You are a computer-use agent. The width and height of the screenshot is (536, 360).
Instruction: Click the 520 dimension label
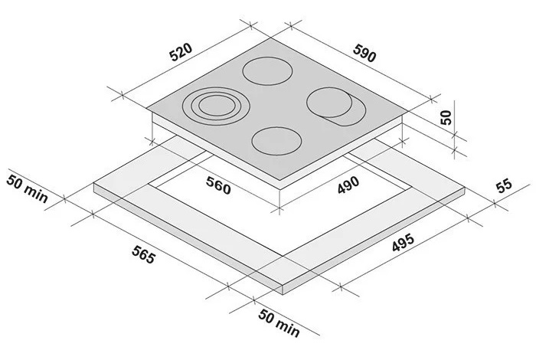click(x=181, y=52)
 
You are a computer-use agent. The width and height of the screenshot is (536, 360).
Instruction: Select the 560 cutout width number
click(x=218, y=185)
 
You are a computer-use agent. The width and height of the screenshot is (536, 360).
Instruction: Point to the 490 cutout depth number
click(x=348, y=185)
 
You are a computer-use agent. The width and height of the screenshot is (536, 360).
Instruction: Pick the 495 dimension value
click(x=403, y=242)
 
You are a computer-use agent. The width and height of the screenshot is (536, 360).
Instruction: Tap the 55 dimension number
click(x=504, y=185)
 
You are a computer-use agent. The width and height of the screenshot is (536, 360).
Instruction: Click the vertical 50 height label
click(x=446, y=117)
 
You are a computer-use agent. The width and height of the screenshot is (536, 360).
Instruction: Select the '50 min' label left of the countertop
click(x=27, y=189)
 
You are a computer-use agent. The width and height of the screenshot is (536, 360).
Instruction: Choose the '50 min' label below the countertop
click(x=279, y=323)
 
